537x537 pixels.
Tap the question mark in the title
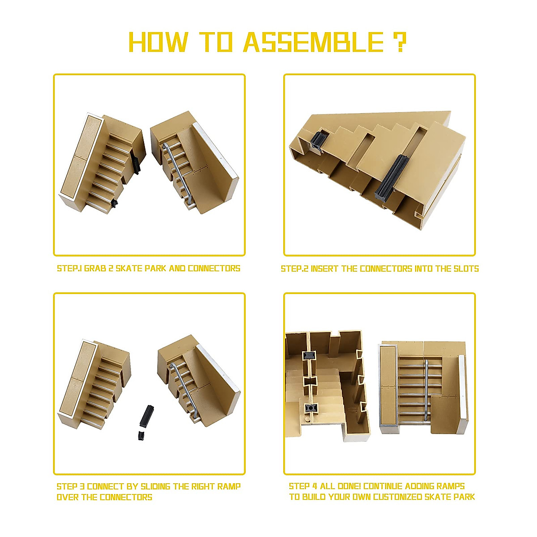click(400, 43)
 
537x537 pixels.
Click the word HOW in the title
click(158, 43)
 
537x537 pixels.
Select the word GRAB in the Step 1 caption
click(95, 268)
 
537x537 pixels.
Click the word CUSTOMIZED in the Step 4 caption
click(397, 497)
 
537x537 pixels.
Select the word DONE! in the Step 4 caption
click(346, 486)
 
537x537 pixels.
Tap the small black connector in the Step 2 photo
click(320, 141)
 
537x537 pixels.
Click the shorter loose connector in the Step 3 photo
click(141, 435)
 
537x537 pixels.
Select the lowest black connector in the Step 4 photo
click(308, 408)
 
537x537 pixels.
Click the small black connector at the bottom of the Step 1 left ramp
click(114, 204)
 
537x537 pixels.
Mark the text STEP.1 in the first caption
click(69, 268)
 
